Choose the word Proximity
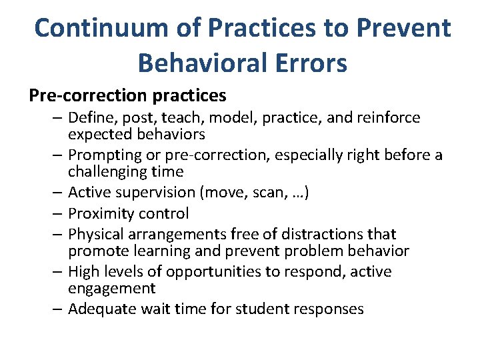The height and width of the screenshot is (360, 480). tap(100, 214)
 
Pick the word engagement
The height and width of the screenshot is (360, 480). tap(111, 288)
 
